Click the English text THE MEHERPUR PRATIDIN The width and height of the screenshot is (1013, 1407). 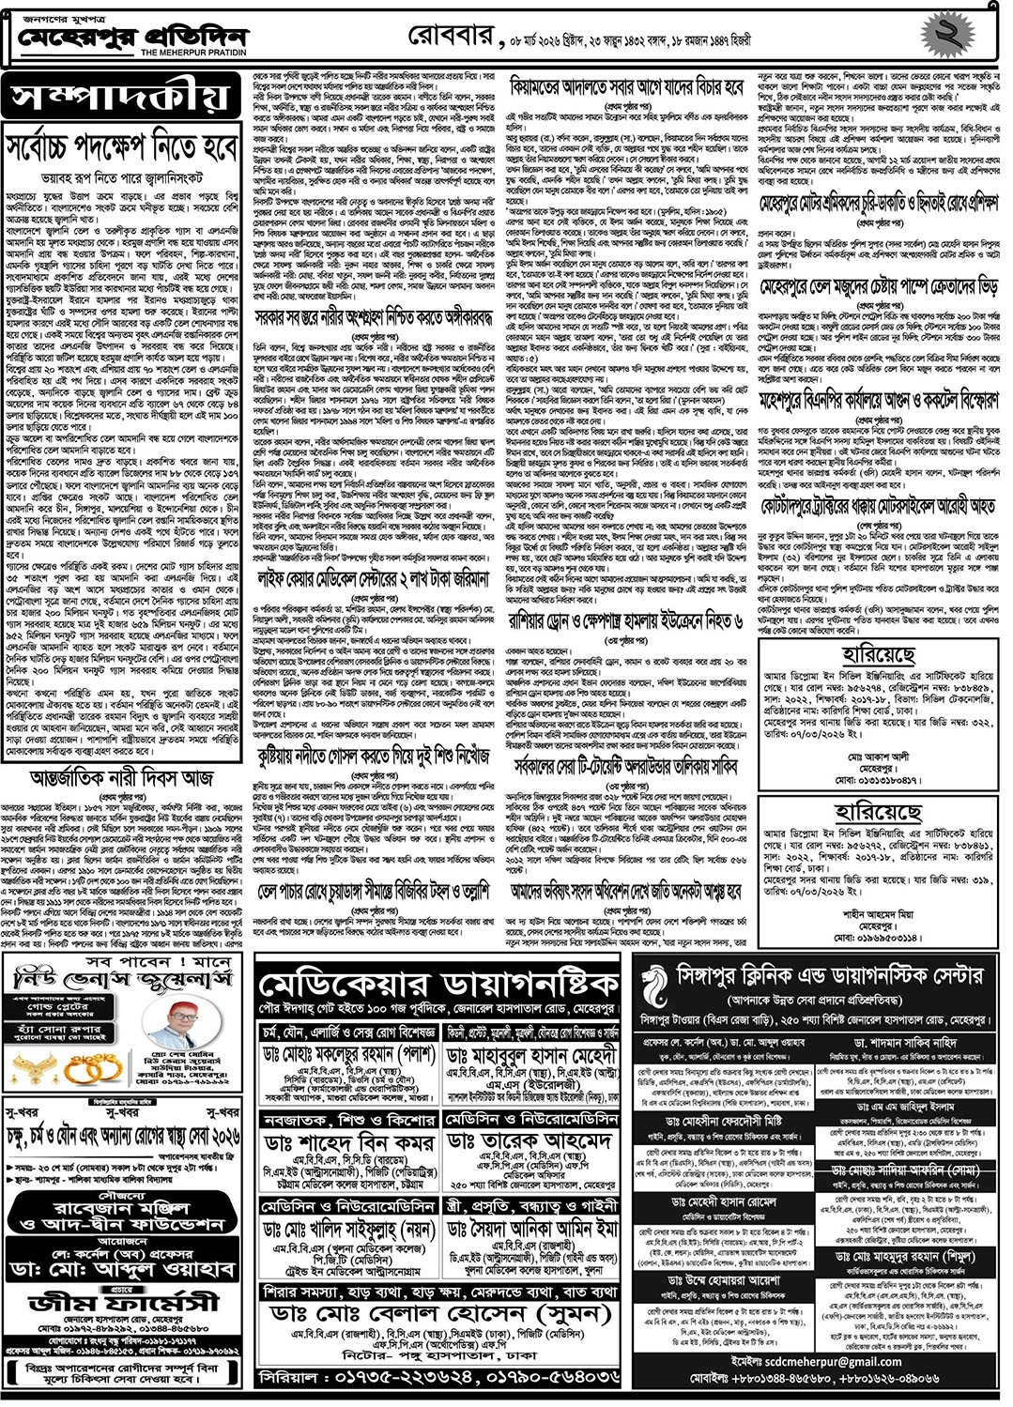(x=193, y=54)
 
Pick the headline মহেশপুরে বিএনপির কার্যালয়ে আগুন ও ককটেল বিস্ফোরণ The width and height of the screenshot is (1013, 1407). (x=879, y=402)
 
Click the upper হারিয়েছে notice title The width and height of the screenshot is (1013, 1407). (x=879, y=654)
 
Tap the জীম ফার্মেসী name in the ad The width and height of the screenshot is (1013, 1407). (x=124, y=1303)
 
